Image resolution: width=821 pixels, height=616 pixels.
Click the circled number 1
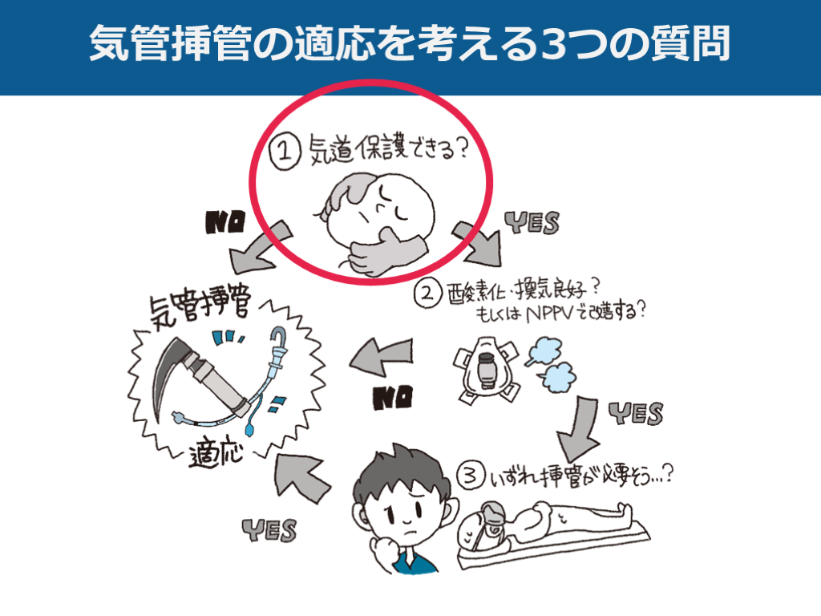coord(285,152)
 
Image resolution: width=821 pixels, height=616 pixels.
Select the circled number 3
coord(470,476)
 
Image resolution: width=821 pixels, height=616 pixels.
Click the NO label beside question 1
coord(225,222)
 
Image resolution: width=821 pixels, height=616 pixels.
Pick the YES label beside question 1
coord(532,223)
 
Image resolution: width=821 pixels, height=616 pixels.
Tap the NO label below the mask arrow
coord(393,398)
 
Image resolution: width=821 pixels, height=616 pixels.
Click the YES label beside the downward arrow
coord(636,413)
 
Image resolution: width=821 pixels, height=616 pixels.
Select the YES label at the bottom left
coord(269,530)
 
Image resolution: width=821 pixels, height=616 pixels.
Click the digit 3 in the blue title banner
coord(558,44)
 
